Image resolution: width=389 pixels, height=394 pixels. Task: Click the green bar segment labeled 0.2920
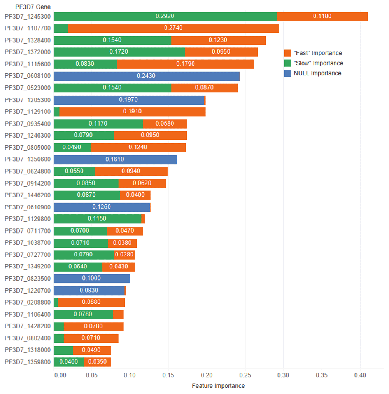(x=165, y=16)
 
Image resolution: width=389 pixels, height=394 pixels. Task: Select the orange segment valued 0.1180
(x=322, y=16)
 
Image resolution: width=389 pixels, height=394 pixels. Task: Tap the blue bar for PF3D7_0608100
(x=146, y=76)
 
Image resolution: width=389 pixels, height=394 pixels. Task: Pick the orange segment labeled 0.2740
(x=173, y=28)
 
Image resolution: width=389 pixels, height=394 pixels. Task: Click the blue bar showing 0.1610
(x=115, y=160)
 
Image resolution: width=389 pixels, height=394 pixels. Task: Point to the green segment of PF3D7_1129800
(x=97, y=219)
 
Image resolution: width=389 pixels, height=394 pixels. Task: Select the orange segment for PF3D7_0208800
(x=91, y=302)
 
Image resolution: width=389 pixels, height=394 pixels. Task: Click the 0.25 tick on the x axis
(x=245, y=376)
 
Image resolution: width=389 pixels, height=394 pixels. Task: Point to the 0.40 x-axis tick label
(x=360, y=376)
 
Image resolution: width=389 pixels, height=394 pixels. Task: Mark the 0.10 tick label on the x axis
(x=130, y=376)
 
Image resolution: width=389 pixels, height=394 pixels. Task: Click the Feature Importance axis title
(x=218, y=386)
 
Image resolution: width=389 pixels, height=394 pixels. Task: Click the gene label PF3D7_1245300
(x=28, y=17)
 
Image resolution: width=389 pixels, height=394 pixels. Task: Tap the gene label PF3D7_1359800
(x=28, y=362)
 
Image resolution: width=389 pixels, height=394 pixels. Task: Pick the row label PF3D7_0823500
(x=28, y=279)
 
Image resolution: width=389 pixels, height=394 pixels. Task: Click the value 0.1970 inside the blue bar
(x=128, y=100)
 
